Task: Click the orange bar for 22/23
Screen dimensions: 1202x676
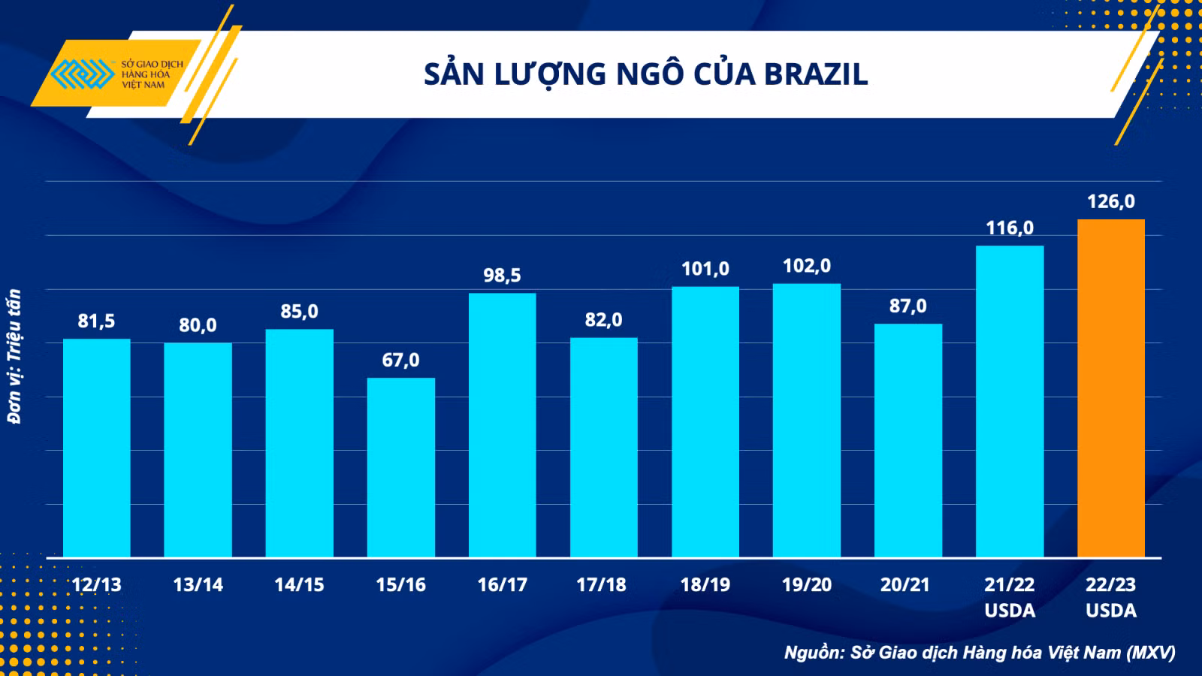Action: [1111, 388]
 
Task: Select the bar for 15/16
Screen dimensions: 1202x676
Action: [401, 467]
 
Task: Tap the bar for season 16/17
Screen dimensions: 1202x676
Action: [503, 425]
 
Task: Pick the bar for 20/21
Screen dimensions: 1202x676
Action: [908, 440]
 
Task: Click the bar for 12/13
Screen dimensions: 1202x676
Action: [97, 448]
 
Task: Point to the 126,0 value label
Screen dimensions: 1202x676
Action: [1111, 201]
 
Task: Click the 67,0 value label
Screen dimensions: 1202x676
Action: [401, 360]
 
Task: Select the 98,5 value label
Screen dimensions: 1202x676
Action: [503, 275]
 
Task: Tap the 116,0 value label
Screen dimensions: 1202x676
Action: [1010, 228]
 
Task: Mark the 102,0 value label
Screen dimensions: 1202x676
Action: [807, 266]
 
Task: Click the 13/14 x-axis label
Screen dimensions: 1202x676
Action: [198, 584]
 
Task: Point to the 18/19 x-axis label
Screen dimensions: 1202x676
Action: [705, 584]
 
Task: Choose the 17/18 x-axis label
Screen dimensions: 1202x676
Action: [601, 584]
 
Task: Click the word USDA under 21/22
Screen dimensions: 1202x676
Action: [1010, 611]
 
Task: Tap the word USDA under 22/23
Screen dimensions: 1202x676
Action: [1111, 611]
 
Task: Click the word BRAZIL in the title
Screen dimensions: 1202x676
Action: [816, 74]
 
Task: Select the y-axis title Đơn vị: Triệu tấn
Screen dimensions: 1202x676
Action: [14, 357]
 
